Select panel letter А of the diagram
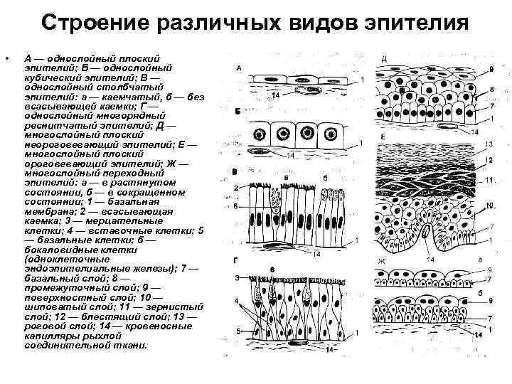pos(240,68)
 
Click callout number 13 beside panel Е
pos(489,145)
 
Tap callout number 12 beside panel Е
pos(489,161)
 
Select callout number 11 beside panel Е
pos(489,179)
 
